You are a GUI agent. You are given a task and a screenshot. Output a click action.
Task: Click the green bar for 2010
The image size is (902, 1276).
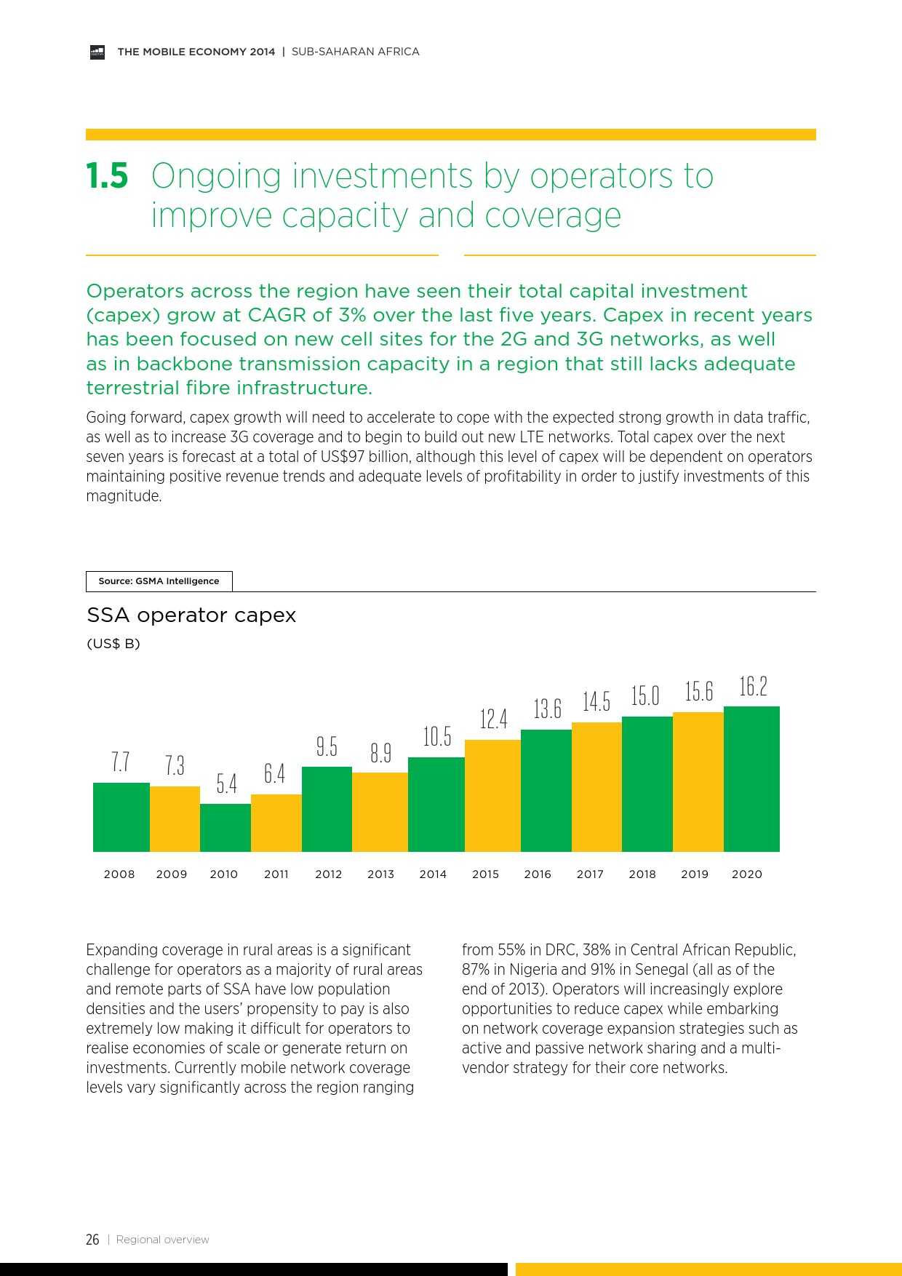[x=225, y=827]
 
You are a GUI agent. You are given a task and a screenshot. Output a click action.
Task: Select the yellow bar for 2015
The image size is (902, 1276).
[x=492, y=795]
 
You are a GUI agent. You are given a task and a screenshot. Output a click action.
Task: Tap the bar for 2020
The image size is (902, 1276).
[x=751, y=778]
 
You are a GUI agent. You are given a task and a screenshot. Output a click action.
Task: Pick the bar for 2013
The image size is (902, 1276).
[x=380, y=811]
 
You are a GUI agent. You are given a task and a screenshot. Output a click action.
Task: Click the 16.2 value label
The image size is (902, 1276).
[x=753, y=686]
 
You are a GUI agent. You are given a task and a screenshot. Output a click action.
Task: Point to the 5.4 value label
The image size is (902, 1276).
[x=226, y=783]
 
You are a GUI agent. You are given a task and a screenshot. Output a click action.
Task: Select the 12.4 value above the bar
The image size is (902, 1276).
[x=493, y=719]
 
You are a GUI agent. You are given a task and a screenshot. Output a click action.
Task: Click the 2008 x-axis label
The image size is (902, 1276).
[x=119, y=874]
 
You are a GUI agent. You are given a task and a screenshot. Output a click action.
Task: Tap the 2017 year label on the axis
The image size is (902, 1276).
[x=590, y=874]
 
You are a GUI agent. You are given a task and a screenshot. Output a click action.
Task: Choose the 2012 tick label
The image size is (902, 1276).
[x=328, y=874]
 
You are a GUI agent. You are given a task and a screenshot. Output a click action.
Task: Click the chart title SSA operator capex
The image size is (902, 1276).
[x=191, y=615]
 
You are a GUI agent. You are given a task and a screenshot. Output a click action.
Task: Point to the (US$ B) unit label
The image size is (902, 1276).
[x=113, y=644]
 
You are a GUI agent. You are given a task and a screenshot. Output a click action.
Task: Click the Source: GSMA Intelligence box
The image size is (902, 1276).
[x=159, y=581]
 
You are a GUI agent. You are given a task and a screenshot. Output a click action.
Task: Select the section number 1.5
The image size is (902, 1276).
[x=107, y=176]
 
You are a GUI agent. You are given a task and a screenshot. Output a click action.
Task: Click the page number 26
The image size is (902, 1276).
[x=92, y=1240]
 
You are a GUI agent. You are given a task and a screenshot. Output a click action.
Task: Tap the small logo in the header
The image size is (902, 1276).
[x=97, y=52]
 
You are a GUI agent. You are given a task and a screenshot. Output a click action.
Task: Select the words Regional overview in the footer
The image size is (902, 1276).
[x=162, y=1240]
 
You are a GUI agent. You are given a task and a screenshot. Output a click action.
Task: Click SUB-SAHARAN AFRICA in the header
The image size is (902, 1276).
[x=355, y=52]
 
